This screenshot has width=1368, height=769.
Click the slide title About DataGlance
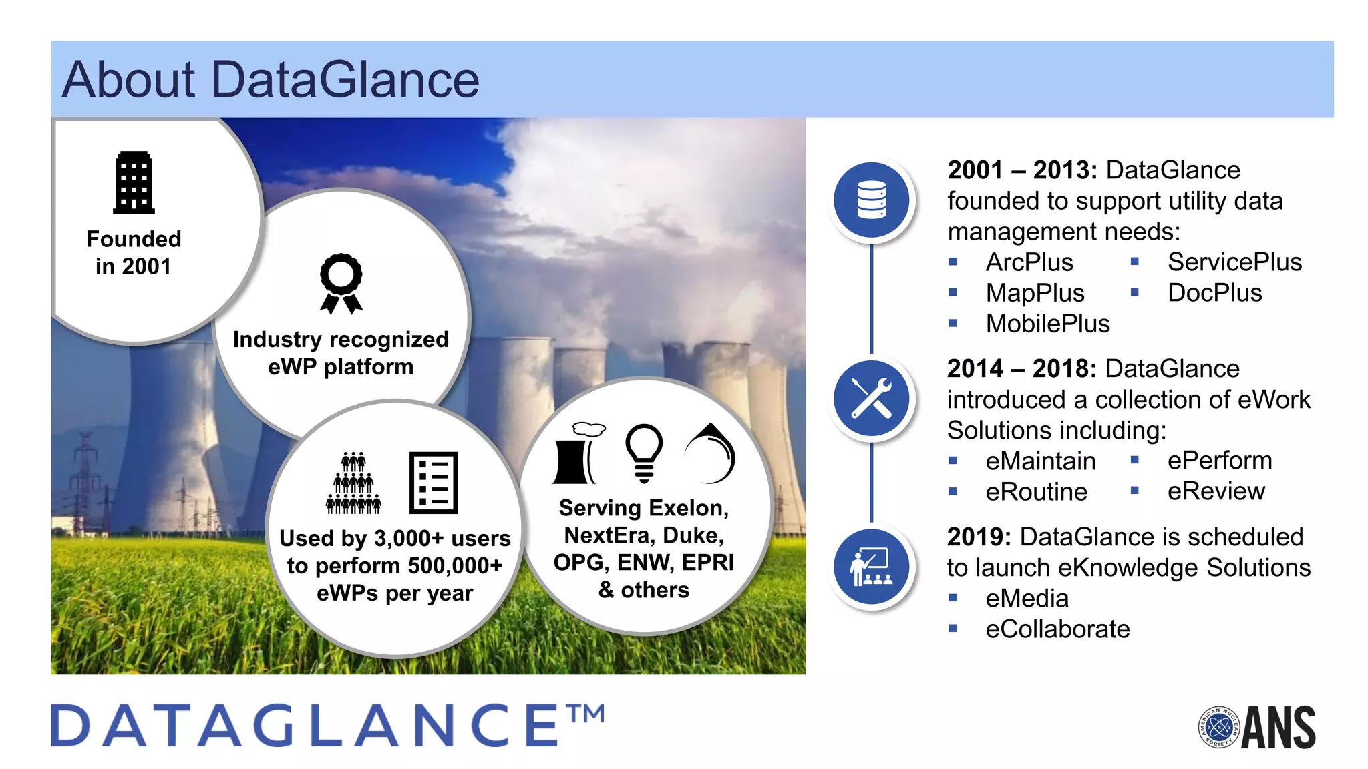coord(271,79)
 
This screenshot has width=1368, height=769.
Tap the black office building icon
coord(134,182)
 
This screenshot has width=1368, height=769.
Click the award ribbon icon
coord(341,283)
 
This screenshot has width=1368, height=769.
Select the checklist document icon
coord(433,482)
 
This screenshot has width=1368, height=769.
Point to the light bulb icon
coord(644,453)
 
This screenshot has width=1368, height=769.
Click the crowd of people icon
coord(353,483)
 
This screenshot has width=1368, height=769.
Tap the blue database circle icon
coord(871,200)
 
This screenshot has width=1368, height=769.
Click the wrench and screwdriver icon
coord(871,399)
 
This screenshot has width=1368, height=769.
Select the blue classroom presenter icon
coord(871,567)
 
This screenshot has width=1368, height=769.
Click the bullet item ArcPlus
coord(1029,262)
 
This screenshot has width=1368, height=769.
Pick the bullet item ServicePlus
coord(1234,262)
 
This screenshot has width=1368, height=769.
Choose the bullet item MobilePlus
coord(1047,324)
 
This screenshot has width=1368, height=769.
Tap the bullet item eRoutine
coord(1036,492)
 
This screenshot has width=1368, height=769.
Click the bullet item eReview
coord(1216,491)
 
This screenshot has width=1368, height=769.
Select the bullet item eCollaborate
coord(1057,629)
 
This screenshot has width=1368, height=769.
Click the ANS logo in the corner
coord(1257,727)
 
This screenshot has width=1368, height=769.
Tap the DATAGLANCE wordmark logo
coord(327,726)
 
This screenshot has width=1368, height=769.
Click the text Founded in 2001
coord(134,252)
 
